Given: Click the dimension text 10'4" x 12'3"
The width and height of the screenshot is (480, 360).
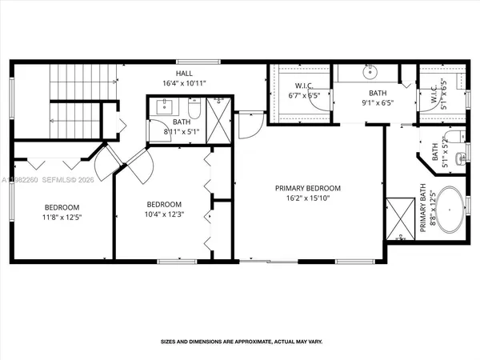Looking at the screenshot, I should coord(163,214).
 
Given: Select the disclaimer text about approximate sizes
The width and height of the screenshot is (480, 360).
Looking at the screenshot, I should coord(242,342).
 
